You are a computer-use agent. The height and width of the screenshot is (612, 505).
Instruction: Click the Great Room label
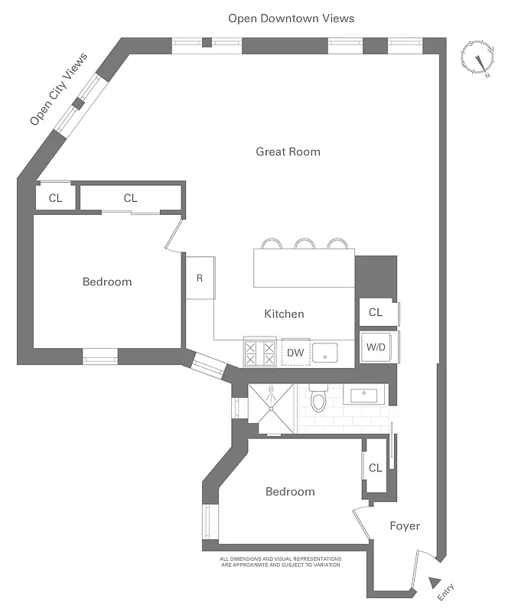tap(288, 151)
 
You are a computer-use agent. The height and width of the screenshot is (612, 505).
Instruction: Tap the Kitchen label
tap(284, 314)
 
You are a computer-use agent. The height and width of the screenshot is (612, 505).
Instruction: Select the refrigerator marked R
tap(200, 278)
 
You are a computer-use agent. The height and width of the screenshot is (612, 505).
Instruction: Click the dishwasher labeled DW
tap(295, 353)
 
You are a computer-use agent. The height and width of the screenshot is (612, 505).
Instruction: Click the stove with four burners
tap(259, 353)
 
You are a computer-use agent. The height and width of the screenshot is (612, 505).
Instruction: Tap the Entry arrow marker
tap(435, 582)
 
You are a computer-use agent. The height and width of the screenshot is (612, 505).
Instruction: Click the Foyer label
tap(405, 526)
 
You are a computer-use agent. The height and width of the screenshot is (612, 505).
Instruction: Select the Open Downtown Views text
tap(291, 18)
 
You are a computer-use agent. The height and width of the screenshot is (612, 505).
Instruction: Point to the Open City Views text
tap(58, 90)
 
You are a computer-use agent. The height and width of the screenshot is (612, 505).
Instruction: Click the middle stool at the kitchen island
tap(305, 244)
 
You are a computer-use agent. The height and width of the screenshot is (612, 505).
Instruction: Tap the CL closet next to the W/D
tap(376, 312)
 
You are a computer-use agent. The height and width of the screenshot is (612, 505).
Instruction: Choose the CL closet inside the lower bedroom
tap(375, 467)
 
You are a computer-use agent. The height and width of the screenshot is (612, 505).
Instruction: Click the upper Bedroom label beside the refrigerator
tap(107, 282)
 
